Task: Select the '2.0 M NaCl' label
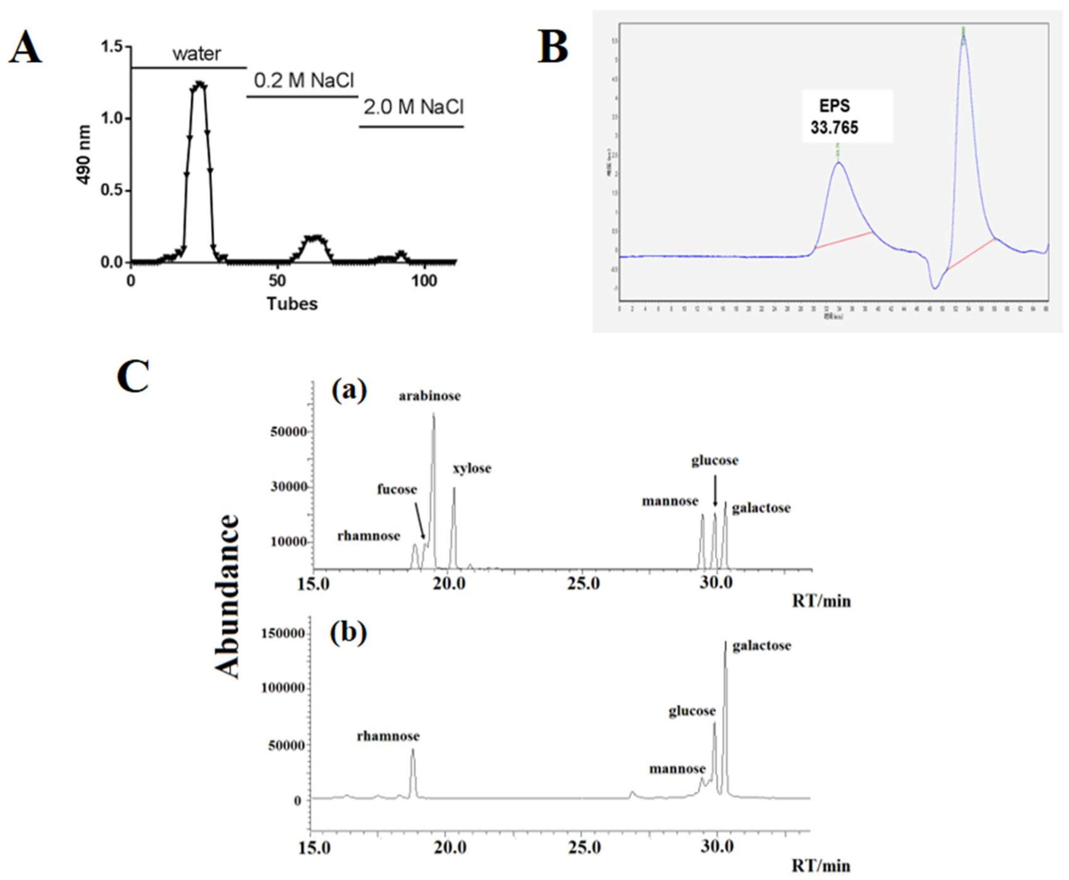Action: pyautogui.click(x=413, y=107)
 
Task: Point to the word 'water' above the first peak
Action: pyautogui.click(x=197, y=54)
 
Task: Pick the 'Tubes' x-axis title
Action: pyautogui.click(x=292, y=304)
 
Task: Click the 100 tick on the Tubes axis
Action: pyautogui.click(x=424, y=281)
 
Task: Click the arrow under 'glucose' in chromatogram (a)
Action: pyautogui.click(x=715, y=491)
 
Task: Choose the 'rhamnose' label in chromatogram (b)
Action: pyautogui.click(x=388, y=736)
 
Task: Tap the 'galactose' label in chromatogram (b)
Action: pyautogui.click(x=761, y=646)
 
